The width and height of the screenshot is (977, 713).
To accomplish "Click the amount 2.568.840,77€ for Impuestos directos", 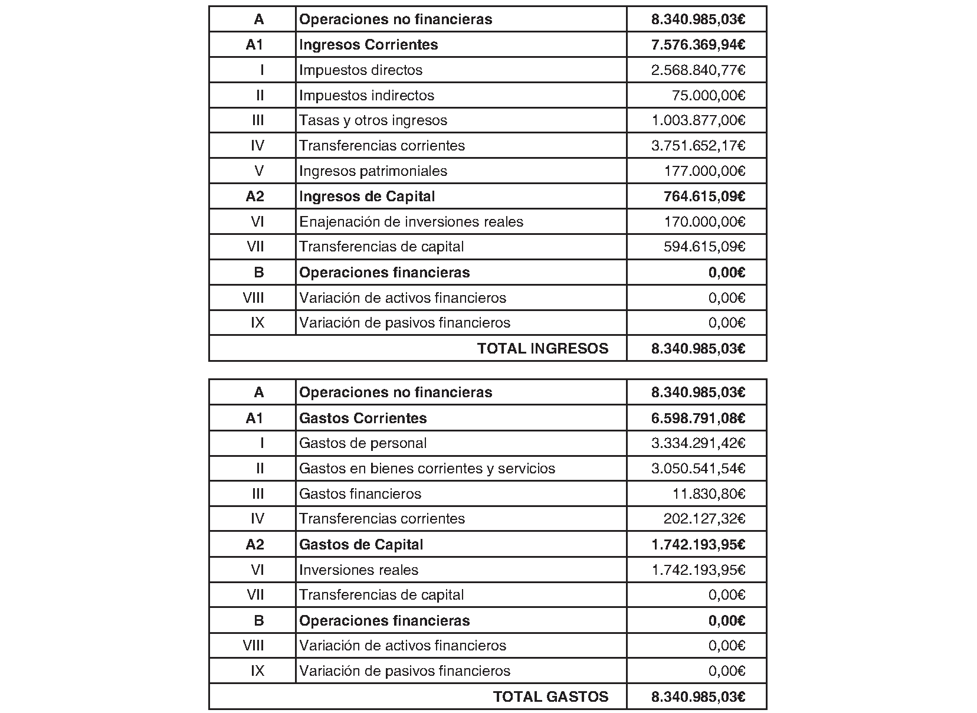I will (x=698, y=70).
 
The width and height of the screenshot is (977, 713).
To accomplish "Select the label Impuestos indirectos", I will (x=366, y=96).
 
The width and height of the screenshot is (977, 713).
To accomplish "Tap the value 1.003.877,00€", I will (x=698, y=120).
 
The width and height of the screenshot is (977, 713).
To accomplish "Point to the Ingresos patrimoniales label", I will (x=373, y=171).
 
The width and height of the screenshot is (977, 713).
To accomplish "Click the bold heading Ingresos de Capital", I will (x=367, y=197).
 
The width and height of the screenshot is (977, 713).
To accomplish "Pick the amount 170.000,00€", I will (x=704, y=222).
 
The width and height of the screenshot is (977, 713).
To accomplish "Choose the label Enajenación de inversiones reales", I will (x=411, y=222).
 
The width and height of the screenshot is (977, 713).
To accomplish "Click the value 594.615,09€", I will (x=704, y=247).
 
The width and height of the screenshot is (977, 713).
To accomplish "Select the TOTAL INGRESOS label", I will (x=543, y=349).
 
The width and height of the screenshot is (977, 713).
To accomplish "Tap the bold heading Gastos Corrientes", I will (x=363, y=418).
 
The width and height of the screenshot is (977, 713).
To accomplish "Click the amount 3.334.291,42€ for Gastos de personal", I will (x=698, y=443).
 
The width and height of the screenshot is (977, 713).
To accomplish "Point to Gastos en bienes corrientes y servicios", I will (x=427, y=469).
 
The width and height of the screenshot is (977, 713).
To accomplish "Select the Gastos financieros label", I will (x=360, y=494).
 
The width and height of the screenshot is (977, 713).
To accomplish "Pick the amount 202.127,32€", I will (x=704, y=519).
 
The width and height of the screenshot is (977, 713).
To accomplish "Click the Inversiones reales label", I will (x=359, y=570).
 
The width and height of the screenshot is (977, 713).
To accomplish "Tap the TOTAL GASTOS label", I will (x=550, y=697).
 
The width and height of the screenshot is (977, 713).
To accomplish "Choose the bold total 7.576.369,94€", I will (x=698, y=45).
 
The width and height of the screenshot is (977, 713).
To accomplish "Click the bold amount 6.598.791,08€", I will (x=698, y=418).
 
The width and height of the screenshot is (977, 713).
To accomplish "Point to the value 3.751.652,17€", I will (x=698, y=146).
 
